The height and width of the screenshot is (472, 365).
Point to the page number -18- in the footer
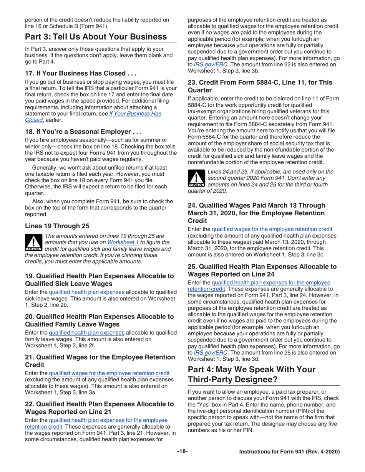(182, 462)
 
